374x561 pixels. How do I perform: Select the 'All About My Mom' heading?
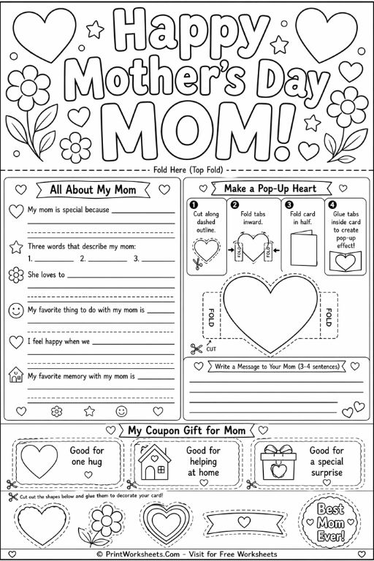pos(92,190)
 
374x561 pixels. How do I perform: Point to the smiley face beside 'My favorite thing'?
pos(15,310)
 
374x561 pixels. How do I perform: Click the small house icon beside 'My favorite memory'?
pos(15,376)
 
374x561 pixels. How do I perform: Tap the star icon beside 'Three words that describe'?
pos(15,247)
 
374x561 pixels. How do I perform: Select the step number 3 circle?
pos(289,205)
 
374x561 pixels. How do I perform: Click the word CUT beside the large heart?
pos(212,349)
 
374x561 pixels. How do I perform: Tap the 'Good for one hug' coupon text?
pos(87,457)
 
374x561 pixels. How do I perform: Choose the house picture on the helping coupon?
pos(153,462)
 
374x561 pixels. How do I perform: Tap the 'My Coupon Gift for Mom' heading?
pos(186,430)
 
